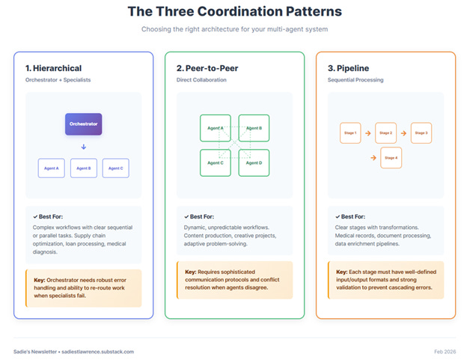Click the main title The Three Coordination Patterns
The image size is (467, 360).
coord(234,12)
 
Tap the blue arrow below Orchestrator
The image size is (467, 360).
coord(84,147)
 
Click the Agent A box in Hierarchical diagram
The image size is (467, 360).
coord(52,168)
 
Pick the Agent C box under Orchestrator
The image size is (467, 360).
coord(115,168)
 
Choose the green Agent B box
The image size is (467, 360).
coord(254,128)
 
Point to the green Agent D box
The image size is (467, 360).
coord(254,162)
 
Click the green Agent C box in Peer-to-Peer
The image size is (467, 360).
coord(216,162)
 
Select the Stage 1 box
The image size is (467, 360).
coord(350,132)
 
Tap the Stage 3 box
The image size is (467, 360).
coord(421,132)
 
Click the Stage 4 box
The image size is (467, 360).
coord(391,158)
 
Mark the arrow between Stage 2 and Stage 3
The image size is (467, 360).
coord(403,132)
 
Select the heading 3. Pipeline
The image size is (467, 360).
coord(350,69)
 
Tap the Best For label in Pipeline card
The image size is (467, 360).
coord(352,216)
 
